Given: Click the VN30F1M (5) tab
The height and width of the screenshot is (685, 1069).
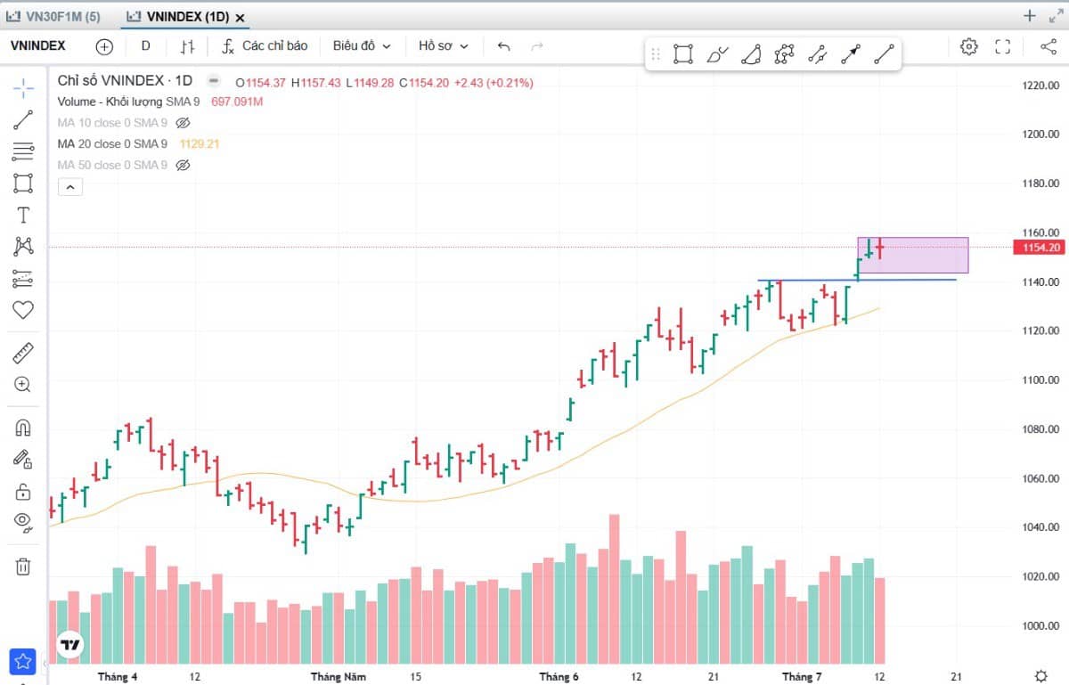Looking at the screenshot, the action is tap(53, 17).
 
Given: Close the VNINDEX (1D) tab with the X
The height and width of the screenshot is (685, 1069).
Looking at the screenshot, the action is tap(240, 18).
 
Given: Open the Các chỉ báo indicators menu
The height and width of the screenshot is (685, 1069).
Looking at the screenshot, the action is tap(265, 46).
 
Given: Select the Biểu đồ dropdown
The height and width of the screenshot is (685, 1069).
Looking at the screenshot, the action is tap(362, 46).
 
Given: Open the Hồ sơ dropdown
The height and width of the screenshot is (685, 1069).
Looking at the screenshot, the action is tap(444, 46).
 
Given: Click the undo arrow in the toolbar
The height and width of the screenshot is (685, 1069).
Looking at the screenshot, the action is tap(504, 46).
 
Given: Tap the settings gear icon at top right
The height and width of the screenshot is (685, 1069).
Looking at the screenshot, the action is tap(969, 47).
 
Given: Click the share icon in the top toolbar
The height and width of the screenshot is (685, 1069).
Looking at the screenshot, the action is tap(1049, 47).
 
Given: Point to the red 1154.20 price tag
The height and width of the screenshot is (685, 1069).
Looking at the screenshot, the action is tap(1039, 248).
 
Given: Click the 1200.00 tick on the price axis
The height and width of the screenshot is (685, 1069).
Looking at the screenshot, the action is tap(1040, 135).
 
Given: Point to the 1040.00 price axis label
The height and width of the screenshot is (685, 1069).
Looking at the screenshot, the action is tap(1040, 527).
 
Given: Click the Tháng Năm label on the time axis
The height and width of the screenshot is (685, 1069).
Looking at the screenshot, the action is tap(339, 677).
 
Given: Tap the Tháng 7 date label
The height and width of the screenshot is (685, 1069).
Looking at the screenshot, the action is tap(802, 677).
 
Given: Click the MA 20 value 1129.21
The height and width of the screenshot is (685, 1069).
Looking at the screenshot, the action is tap(200, 144).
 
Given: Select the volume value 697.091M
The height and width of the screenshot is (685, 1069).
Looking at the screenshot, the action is tap(237, 102).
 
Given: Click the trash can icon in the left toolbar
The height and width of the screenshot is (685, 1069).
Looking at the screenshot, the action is tap(23, 567).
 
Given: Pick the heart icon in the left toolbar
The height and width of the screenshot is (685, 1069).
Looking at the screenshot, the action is tap(23, 310).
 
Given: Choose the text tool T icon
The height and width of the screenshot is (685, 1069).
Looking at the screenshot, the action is tap(23, 216).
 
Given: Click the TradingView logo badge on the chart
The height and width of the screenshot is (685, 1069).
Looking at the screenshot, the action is tap(70, 645).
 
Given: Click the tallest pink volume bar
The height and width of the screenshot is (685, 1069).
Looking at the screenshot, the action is tap(614, 589).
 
